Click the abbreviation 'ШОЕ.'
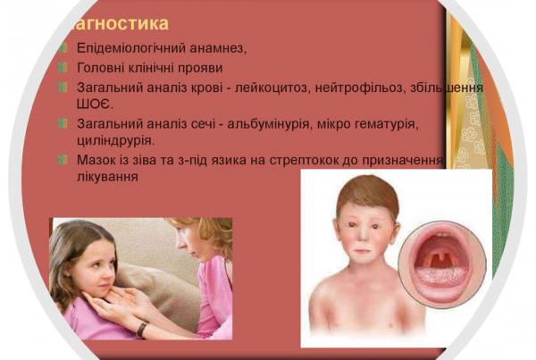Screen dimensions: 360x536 (x=95, y=104)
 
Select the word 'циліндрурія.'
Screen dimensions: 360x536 (x=116, y=140)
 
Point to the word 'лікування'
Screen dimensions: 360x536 (x=108, y=176)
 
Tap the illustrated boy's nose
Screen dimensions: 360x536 (x=364, y=236)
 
